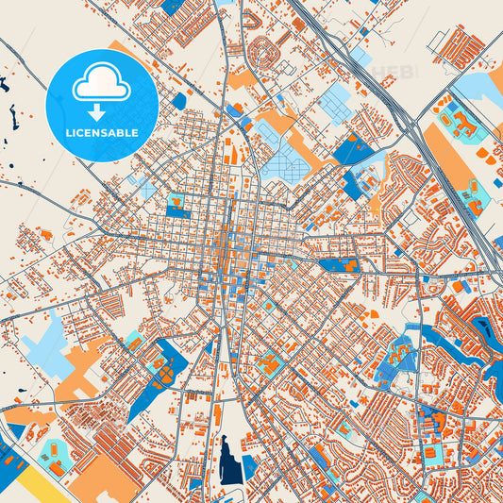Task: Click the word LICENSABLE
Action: (x=102, y=133)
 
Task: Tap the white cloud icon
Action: (x=101, y=85)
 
